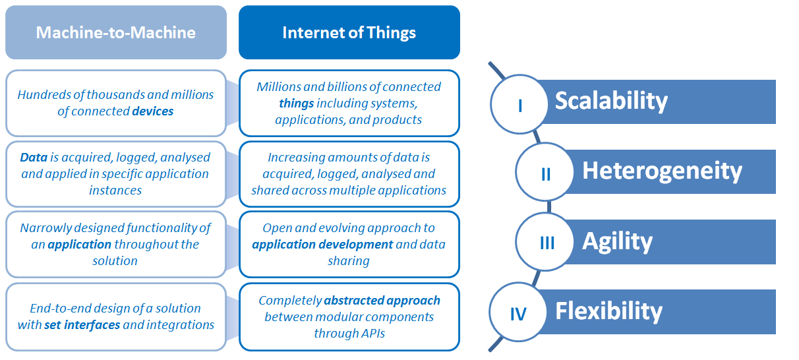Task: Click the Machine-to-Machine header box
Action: (x=115, y=32)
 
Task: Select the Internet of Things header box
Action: (x=349, y=32)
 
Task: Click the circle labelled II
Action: (x=545, y=174)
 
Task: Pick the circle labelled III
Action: (x=547, y=243)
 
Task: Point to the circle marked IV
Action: (x=519, y=313)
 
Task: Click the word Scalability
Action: (x=611, y=101)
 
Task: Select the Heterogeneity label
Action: (x=662, y=171)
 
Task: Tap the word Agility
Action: (x=617, y=241)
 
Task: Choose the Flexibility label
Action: (x=608, y=311)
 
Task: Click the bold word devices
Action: (x=153, y=111)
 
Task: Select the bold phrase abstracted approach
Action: (x=382, y=301)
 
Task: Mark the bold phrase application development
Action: (x=322, y=245)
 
